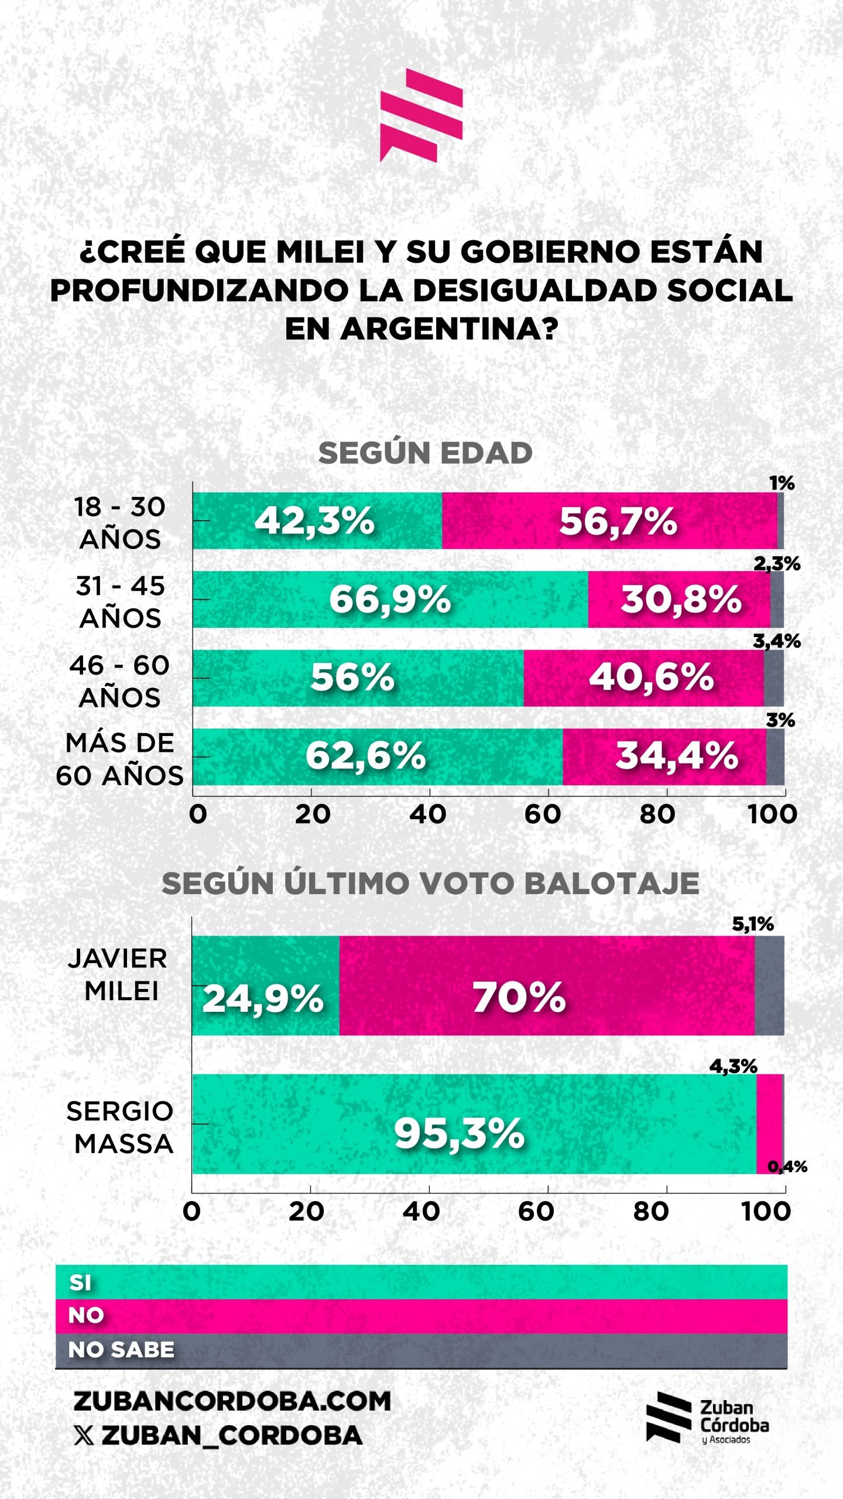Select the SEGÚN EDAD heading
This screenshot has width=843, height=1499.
425,453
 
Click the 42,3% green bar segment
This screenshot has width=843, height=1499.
317,521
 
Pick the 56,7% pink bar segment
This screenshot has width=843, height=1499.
610,521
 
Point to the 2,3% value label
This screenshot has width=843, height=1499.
776,563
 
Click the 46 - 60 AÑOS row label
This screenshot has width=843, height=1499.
119,681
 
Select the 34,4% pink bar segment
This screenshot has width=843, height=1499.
664,757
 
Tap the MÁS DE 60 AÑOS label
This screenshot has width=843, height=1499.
119,759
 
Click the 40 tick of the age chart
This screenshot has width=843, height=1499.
428,814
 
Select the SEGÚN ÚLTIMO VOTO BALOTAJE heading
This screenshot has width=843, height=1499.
430,883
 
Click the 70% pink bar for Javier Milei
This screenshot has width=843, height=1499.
546,997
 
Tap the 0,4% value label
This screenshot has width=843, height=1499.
787,1166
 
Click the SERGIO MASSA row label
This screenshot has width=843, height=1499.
121,1127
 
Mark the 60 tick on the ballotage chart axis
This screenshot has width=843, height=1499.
536,1211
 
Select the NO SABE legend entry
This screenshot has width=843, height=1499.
121,1350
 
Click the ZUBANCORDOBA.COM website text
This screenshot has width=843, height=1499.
232,1401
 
